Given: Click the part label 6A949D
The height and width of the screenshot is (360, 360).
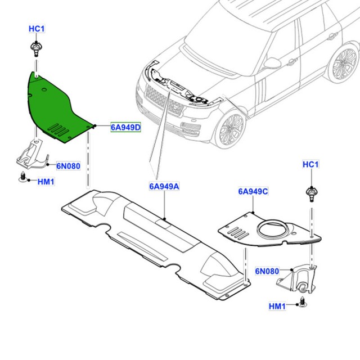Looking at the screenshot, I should coord(125,128).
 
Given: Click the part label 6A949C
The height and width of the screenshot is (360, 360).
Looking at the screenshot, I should coord(253,192).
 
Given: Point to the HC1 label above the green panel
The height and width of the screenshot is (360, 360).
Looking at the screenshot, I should coord(37,28).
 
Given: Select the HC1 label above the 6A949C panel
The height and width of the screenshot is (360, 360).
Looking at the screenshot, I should coord(310,164).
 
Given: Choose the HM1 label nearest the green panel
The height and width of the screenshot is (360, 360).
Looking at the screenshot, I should coord(46,181).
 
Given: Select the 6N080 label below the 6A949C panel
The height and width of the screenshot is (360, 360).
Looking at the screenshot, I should coord(267,271).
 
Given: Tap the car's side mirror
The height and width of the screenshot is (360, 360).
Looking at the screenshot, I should coord(272,63).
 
